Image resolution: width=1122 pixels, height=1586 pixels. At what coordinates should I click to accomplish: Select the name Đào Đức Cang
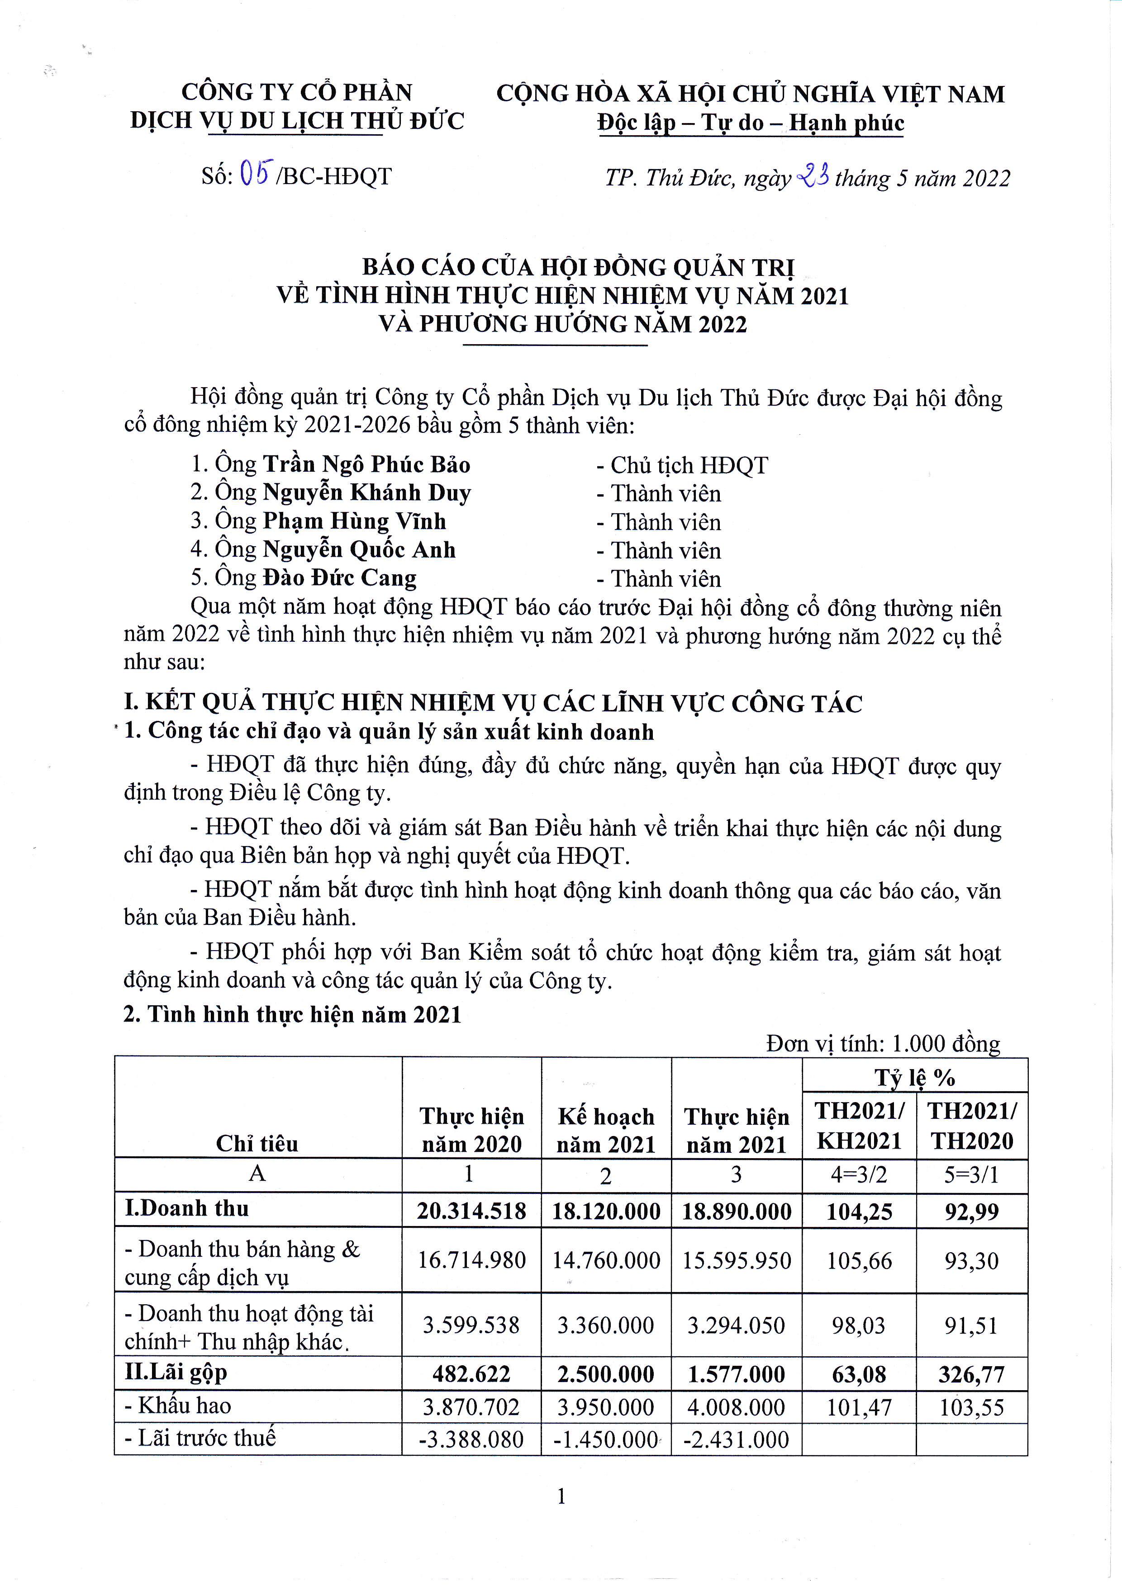(x=340, y=578)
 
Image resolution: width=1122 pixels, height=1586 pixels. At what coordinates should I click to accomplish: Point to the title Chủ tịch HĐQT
(x=689, y=465)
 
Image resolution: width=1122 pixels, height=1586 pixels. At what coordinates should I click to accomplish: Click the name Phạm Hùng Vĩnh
(x=354, y=521)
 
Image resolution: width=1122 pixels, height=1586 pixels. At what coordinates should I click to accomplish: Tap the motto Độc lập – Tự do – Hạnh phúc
(x=750, y=123)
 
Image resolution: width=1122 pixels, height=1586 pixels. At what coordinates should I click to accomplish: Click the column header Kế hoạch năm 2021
(x=606, y=1130)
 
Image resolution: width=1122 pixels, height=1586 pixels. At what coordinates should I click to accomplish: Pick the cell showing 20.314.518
(x=472, y=1211)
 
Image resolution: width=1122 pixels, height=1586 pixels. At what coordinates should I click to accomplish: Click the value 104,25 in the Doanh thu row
(x=859, y=1212)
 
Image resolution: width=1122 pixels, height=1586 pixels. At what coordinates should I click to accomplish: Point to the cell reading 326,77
(x=971, y=1374)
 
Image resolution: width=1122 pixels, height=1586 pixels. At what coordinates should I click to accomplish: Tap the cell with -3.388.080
(x=472, y=1439)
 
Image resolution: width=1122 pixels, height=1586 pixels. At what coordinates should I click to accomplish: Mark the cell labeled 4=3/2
(x=859, y=1174)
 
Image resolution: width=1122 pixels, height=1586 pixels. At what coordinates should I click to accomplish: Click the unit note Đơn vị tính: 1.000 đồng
(x=883, y=1043)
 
